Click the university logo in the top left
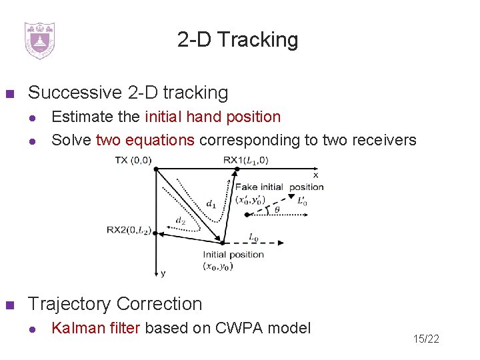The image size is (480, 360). pyautogui.click(x=39, y=40)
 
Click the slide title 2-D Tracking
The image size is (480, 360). pyautogui.click(x=238, y=40)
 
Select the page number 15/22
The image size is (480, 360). pyautogui.click(x=425, y=339)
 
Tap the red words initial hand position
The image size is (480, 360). pyautogui.click(x=213, y=117)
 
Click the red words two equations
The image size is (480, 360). pyautogui.click(x=145, y=140)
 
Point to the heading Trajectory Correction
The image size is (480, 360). pyautogui.click(x=115, y=304)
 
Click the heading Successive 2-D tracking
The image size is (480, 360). pyautogui.click(x=128, y=93)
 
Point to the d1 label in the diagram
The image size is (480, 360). pyautogui.click(x=211, y=203)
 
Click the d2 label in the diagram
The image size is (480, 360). pyautogui.click(x=180, y=219)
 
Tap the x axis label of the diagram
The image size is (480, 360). pyautogui.click(x=315, y=175)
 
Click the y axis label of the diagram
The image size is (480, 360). pyautogui.click(x=162, y=273)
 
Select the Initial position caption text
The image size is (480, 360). pyautogui.click(x=233, y=254)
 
